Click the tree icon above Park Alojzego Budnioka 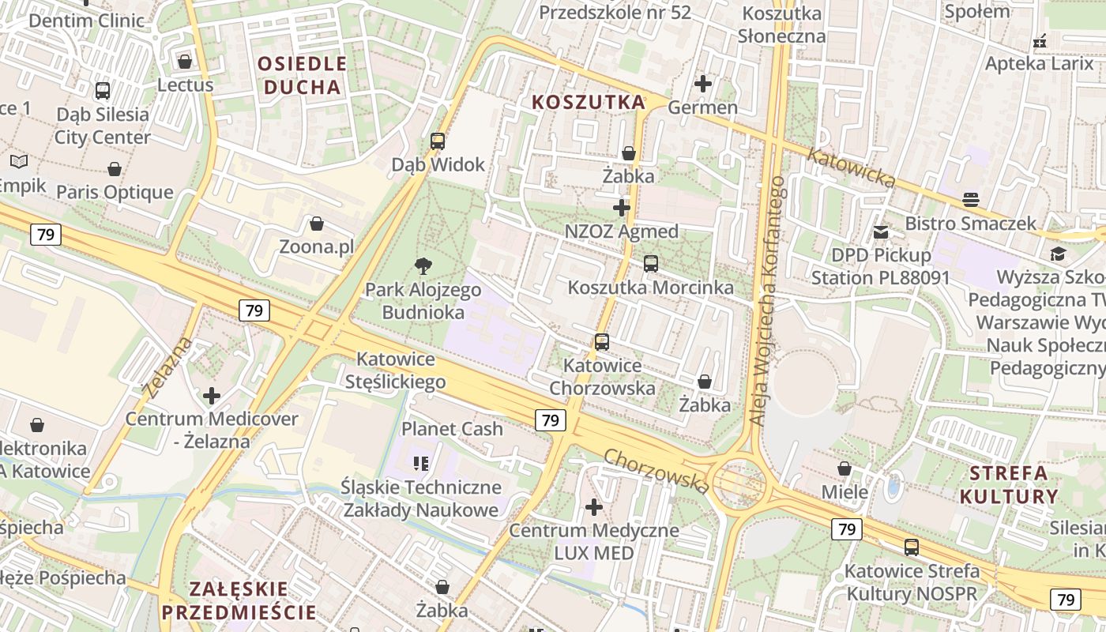click(x=423, y=267)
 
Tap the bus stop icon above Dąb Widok click(x=438, y=141)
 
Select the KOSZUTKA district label click(x=589, y=102)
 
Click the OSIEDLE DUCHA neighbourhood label click(x=303, y=75)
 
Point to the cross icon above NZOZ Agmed click(x=622, y=208)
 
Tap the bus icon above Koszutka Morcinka click(x=651, y=264)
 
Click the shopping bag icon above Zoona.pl click(x=317, y=224)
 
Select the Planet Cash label click(x=452, y=429)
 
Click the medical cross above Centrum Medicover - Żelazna click(x=212, y=395)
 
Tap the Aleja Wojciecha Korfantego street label click(x=767, y=300)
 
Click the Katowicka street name click(x=851, y=168)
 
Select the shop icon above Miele click(x=845, y=468)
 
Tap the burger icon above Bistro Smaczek click(x=971, y=199)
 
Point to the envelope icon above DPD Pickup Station click(x=881, y=232)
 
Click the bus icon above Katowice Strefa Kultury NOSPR click(x=912, y=547)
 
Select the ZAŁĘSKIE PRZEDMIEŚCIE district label click(x=239, y=600)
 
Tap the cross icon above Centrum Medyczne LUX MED click(x=594, y=506)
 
